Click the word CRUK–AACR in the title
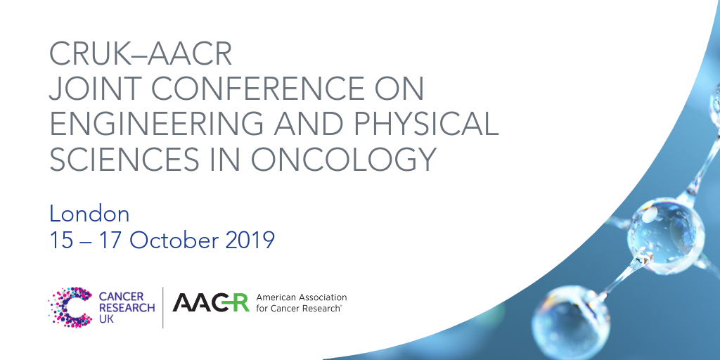[x=141, y=53]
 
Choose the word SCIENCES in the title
[x=120, y=160]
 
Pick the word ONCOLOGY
[x=343, y=160]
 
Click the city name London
[x=89, y=214]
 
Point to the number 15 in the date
[x=61, y=240]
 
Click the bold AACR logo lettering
[x=211, y=302]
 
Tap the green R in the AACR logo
[x=240, y=302]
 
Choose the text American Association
[x=301, y=297]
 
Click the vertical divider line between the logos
[x=163, y=307]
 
